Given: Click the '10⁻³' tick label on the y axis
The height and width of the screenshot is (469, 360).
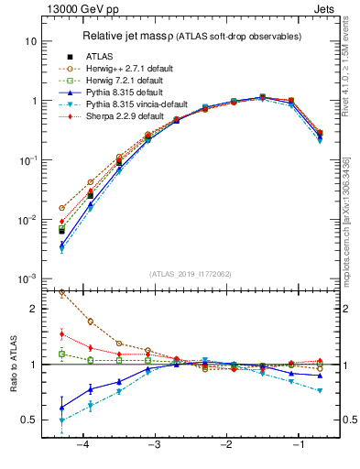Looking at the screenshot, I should click(x=28, y=279).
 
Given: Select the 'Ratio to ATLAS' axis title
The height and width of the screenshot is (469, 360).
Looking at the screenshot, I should click(x=12, y=384).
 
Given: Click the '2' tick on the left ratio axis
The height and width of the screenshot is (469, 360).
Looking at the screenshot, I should click(x=35, y=309).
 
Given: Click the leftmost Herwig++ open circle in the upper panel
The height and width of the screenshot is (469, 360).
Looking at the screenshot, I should click(x=61, y=208).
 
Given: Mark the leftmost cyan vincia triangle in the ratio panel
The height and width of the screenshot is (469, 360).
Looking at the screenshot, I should click(x=61, y=421).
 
